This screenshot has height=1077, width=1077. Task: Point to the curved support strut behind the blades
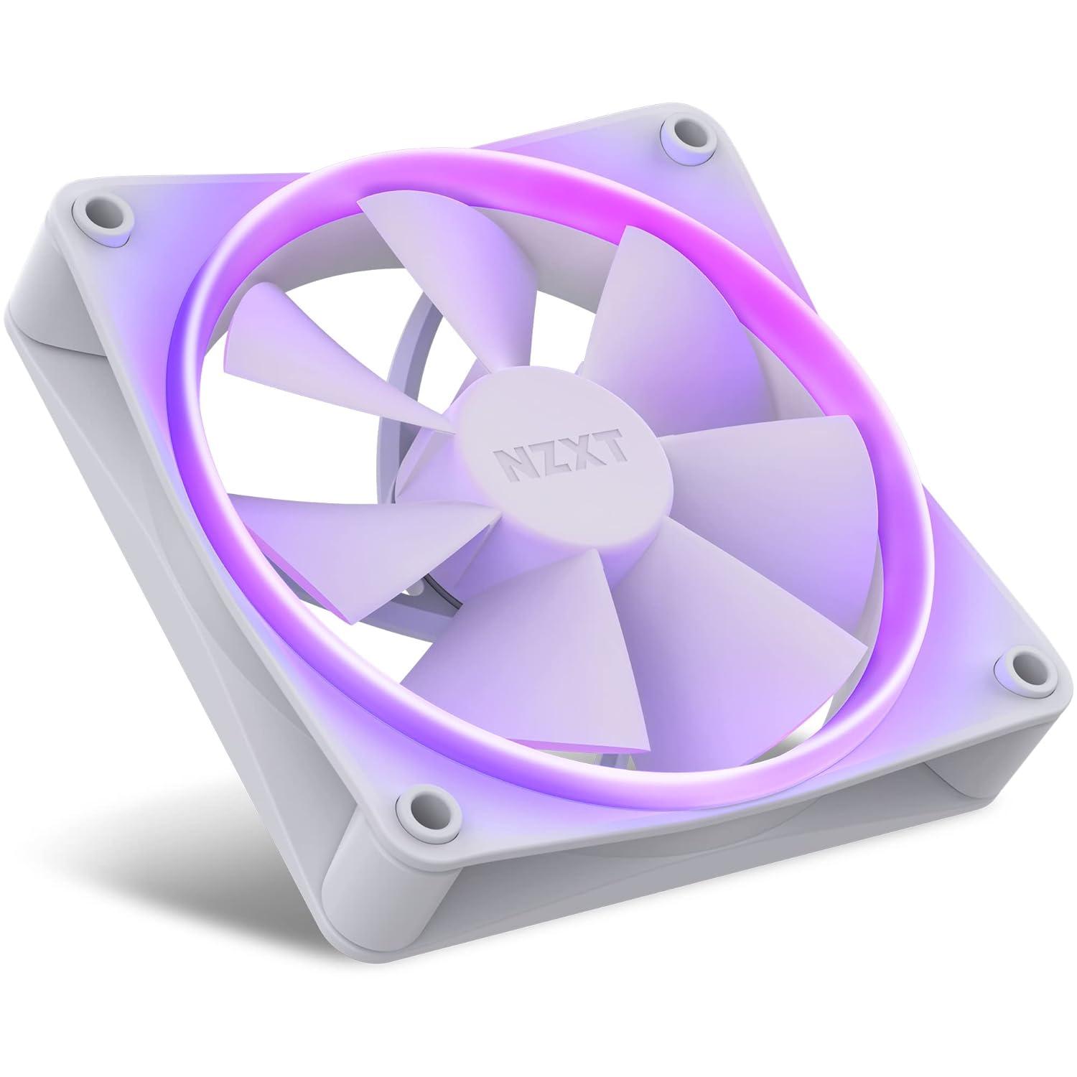click(402, 359)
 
